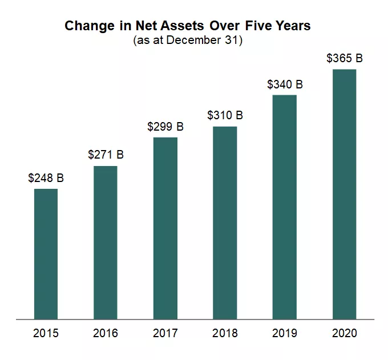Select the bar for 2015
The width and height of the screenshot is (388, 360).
(46, 253)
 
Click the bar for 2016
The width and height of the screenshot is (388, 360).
(106, 242)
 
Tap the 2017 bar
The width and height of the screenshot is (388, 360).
(165, 228)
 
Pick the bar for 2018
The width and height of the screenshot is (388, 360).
(225, 222)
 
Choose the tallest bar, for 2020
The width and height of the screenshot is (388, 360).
(344, 194)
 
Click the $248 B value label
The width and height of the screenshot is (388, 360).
(46, 178)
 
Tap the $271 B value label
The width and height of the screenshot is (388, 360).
(106, 155)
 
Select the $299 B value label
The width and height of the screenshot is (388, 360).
(165, 127)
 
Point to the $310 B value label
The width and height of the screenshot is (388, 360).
(225, 115)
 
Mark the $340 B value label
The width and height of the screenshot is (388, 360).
(285, 84)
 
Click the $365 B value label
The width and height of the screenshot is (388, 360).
(344, 58)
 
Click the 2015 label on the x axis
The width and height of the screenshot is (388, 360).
(46, 333)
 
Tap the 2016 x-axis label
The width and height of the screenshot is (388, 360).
(106, 333)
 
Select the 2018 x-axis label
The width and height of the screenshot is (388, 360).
(225, 333)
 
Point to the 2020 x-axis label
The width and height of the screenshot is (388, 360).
(344, 333)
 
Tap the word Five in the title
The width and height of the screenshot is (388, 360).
(262, 26)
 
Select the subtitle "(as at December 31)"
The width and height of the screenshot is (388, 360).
(188, 41)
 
